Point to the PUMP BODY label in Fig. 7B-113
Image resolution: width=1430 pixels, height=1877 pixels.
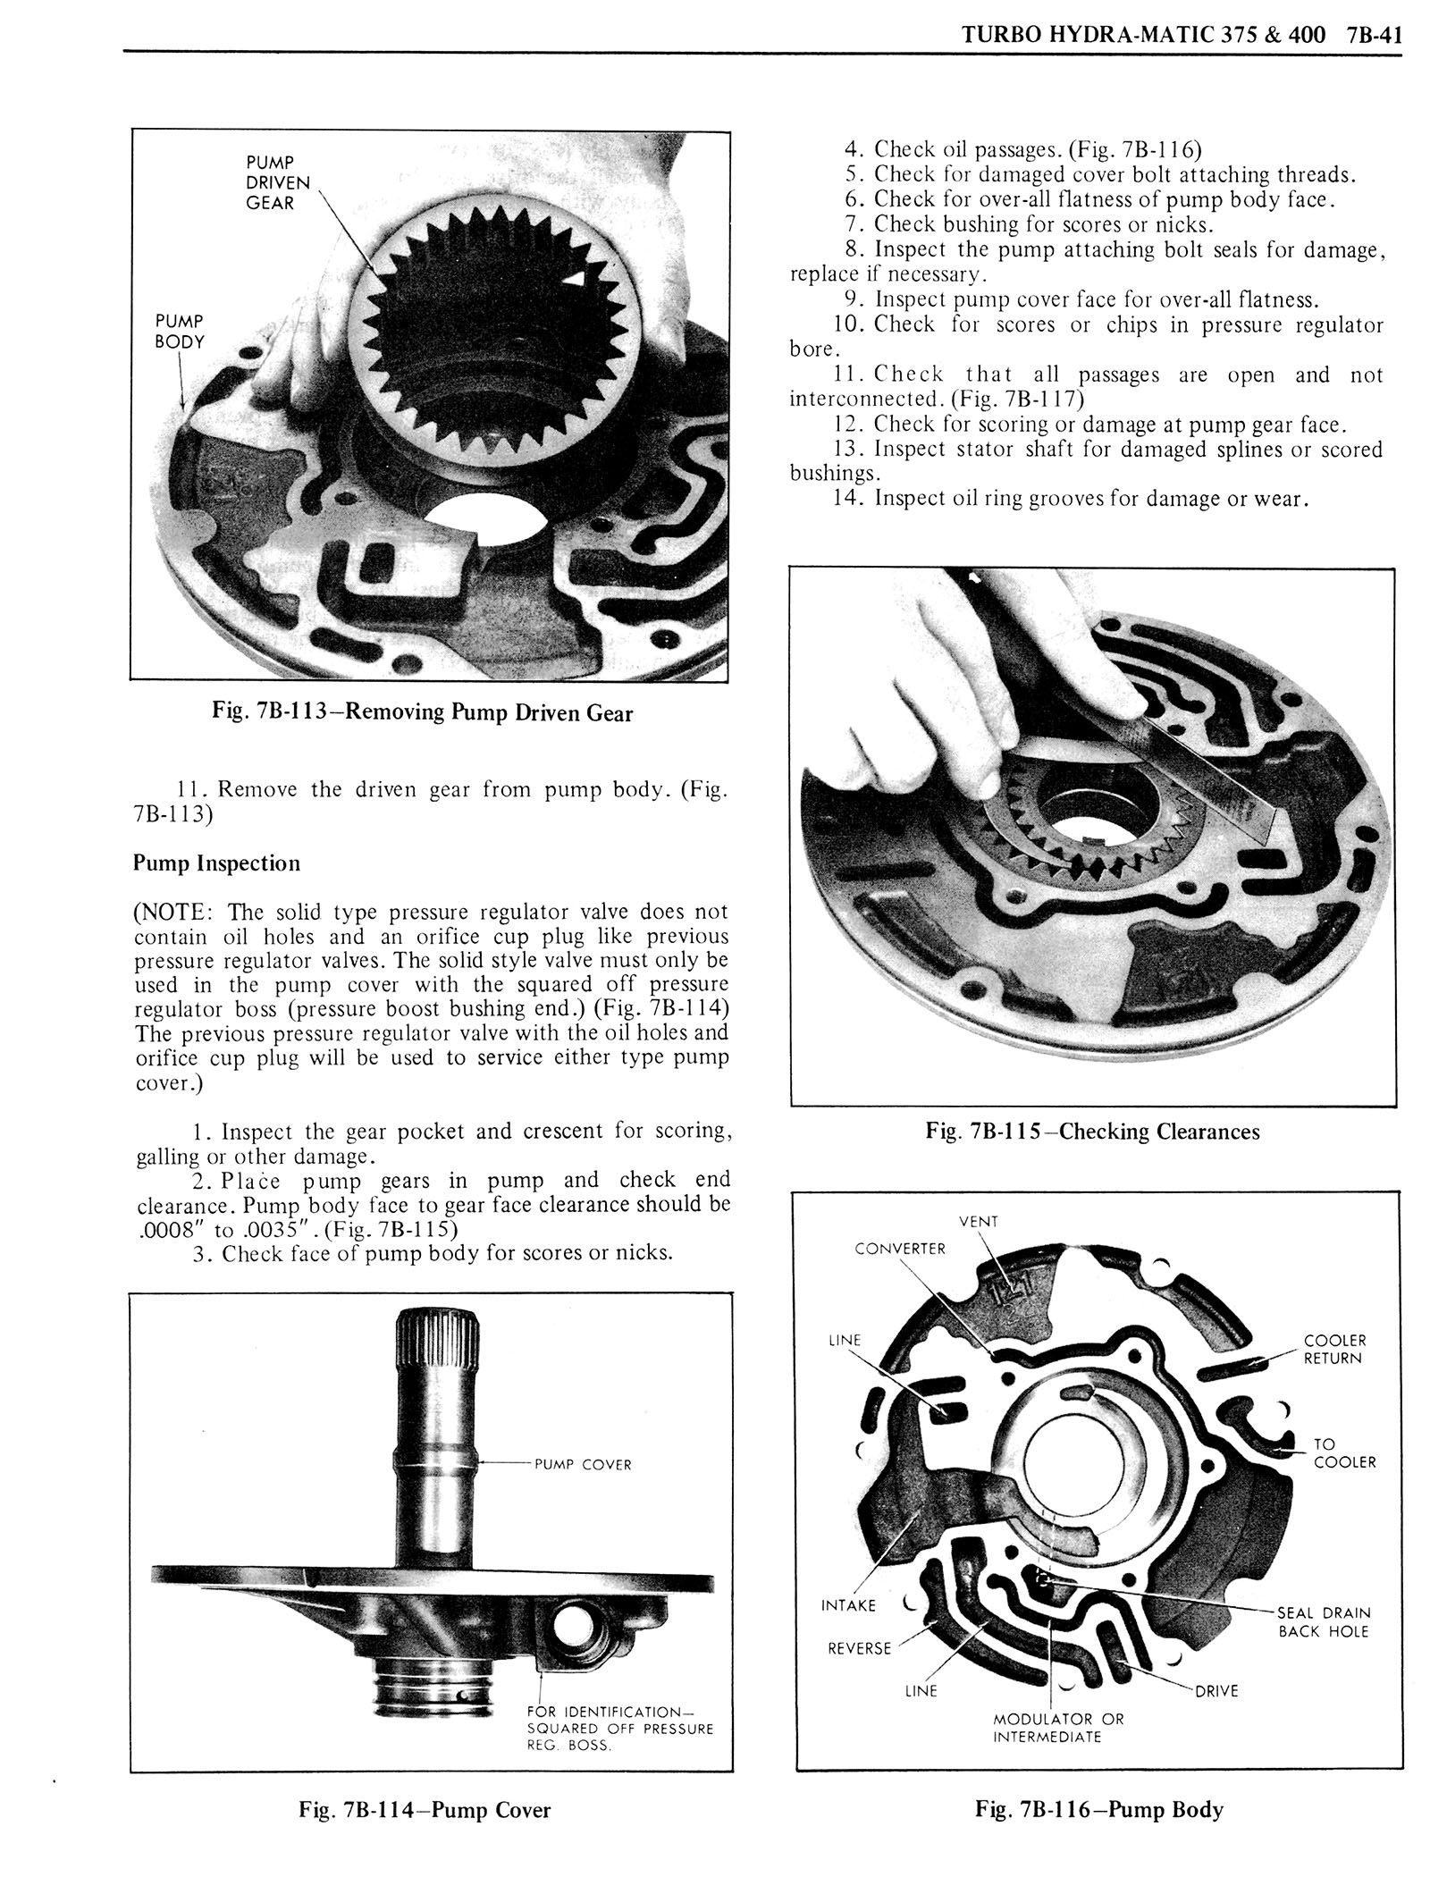coord(179,331)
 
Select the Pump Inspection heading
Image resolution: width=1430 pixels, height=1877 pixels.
coord(216,863)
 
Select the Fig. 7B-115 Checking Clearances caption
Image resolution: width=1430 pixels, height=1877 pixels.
coord(1092,1132)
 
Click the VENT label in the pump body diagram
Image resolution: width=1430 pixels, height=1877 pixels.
coord(978,1221)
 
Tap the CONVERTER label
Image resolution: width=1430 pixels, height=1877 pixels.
coord(899,1249)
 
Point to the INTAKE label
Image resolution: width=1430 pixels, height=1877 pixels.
coord(848,1605)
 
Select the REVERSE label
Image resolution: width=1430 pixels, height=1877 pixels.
coord(859,1648)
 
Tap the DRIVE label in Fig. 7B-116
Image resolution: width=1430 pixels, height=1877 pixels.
coord(1216,1691)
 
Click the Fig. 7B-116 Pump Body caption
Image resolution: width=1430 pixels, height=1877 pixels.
coord(1098,1835)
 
